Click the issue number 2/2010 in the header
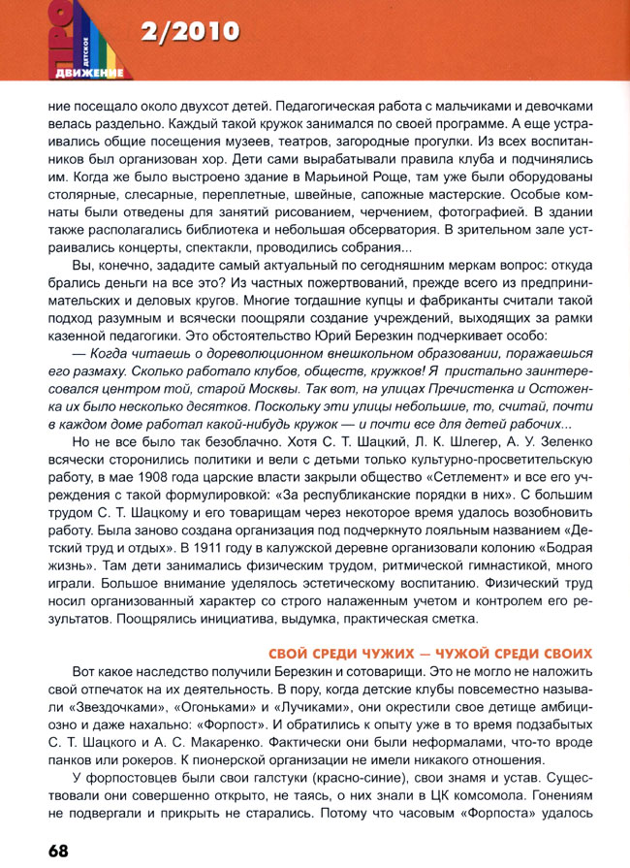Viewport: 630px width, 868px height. pyautogui.click(x=189, y=33)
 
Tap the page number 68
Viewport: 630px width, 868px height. pyautogui.click(x=55, y=851)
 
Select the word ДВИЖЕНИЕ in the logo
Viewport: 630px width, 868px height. pyautogui.click(x=88, y=73)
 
